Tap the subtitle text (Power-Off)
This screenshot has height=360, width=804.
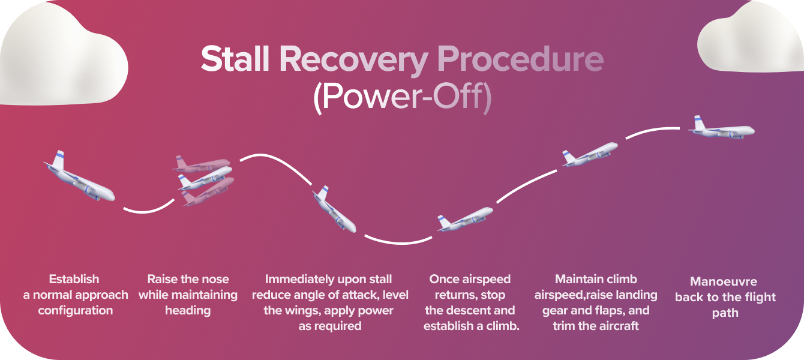pos(402,98)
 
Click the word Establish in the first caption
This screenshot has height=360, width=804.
pos(74,279)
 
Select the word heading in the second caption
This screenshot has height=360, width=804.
pos(188,310)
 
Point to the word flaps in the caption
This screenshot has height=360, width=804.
pos(609,310)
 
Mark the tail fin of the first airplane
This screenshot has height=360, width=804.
pos(58,161)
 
